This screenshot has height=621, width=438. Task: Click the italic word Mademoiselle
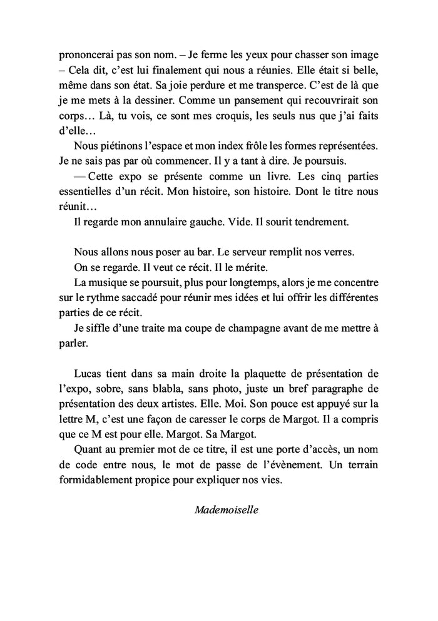click(x=227, y=509)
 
